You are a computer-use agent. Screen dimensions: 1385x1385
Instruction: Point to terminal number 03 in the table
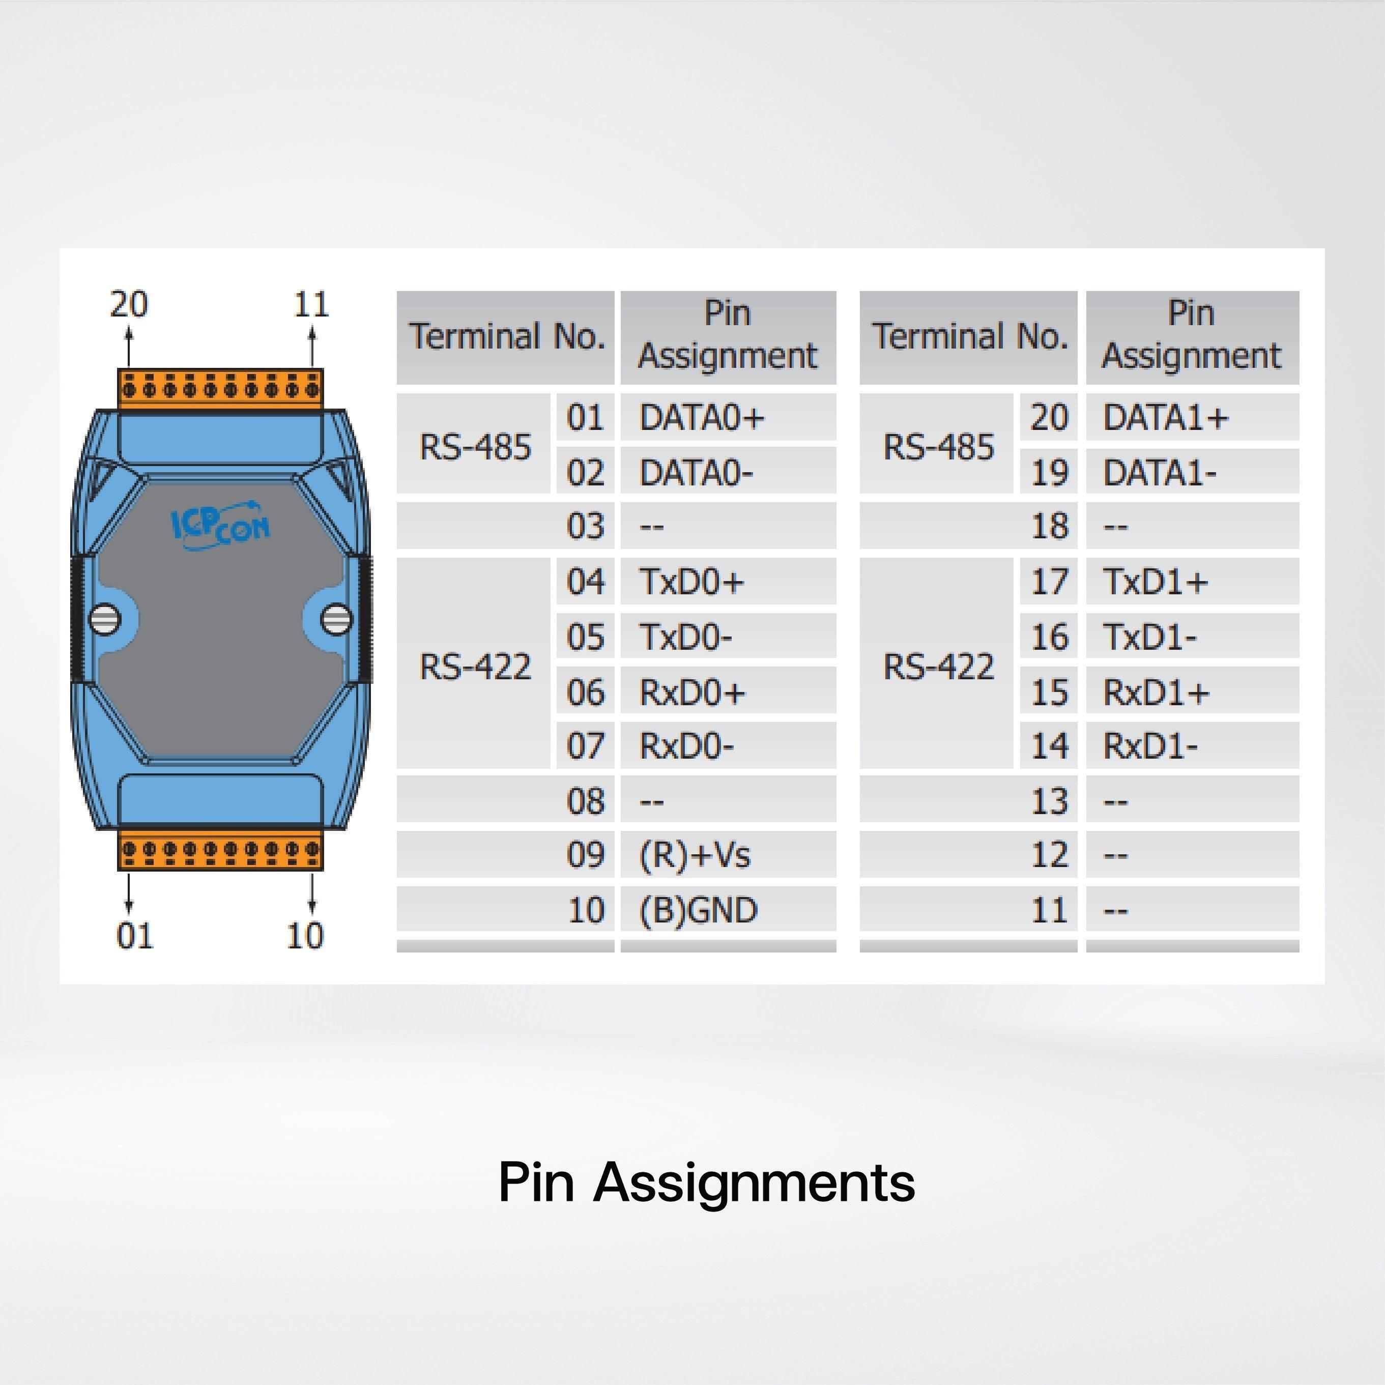tap(585, 526)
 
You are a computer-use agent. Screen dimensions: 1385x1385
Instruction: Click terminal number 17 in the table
tap(1049, 582)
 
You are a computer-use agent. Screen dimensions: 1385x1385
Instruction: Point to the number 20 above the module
tap(129, 304)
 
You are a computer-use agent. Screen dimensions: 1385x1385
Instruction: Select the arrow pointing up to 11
tap(312, 347)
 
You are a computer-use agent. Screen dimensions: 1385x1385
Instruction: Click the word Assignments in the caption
tap(754, 1182)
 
